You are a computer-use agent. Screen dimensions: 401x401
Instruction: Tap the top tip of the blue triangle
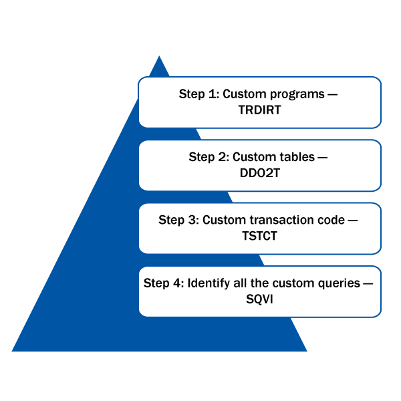point(159,57)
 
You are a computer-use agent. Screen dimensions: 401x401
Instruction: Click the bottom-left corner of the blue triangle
point(13,350)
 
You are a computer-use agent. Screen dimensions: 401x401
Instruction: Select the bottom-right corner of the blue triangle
point(305,350)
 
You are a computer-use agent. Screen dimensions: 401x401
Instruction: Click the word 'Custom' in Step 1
point(243,94)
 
